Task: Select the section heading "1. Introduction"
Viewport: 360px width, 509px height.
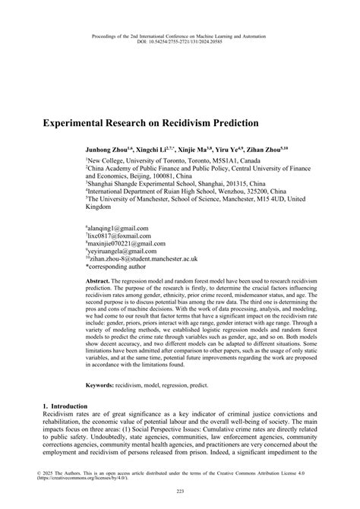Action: point(60,415)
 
